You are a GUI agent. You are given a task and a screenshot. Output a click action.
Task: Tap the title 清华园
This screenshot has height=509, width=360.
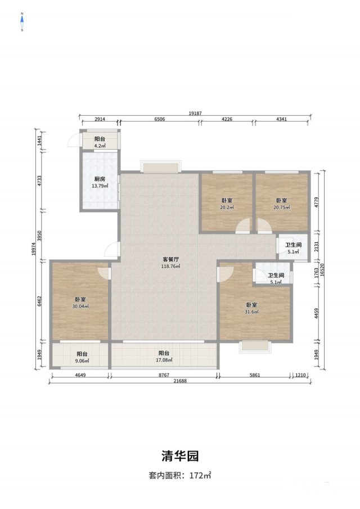180,456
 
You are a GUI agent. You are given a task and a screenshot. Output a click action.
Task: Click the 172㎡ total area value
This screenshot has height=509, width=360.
200,476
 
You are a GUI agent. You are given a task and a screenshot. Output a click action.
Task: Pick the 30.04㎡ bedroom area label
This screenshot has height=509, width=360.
80,306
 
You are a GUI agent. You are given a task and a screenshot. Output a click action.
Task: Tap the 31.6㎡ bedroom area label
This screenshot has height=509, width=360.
251,312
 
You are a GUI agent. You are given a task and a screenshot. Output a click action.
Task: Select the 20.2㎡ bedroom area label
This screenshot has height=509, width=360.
227,208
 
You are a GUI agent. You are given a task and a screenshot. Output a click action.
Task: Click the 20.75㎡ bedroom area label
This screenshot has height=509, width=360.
281,208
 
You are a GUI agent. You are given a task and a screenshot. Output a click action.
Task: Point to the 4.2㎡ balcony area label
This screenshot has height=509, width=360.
100,146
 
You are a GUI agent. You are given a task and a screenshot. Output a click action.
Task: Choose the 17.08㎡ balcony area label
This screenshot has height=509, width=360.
164,360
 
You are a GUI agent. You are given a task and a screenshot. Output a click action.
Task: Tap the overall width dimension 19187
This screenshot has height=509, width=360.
195,113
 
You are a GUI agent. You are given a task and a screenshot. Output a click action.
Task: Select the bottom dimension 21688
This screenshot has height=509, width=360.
180,381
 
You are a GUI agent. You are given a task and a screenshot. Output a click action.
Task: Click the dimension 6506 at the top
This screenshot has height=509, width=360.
159,119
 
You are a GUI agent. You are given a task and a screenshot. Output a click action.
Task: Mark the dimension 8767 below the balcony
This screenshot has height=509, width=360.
164,375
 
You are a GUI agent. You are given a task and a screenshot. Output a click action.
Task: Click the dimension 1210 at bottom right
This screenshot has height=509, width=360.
300,375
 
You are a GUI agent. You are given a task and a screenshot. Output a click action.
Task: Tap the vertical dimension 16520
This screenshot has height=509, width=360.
322,269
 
